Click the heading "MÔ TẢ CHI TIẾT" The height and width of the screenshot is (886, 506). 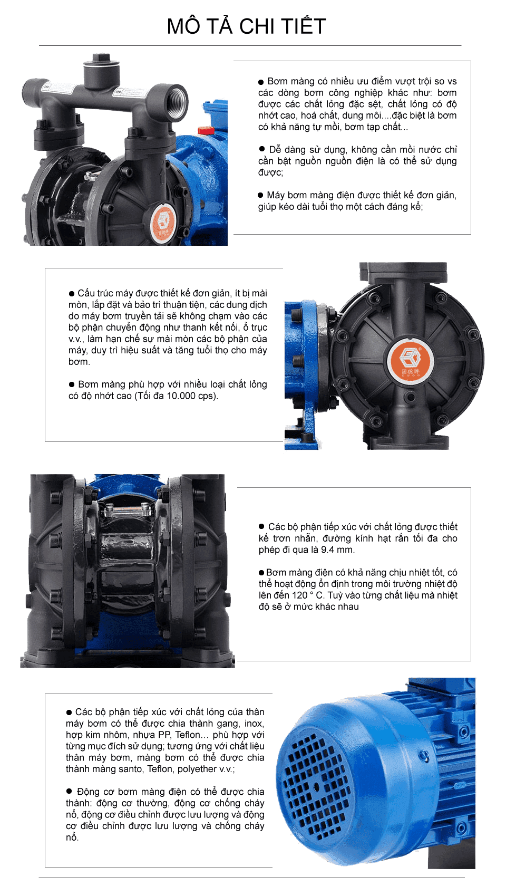(247, 26)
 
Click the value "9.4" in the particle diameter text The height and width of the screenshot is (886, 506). (327, 550)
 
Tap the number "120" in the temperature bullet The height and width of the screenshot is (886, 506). (299, 595)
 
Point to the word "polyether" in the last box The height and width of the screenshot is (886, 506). (197, 769)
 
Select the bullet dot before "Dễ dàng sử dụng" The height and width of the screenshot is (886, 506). (262, 149)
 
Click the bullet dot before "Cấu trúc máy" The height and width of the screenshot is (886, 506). (72, 293)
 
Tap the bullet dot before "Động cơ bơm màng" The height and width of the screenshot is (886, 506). (69, 791)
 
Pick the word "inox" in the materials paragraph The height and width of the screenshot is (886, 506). (253, 724)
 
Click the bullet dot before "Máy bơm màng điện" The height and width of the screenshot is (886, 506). (260, 195)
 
